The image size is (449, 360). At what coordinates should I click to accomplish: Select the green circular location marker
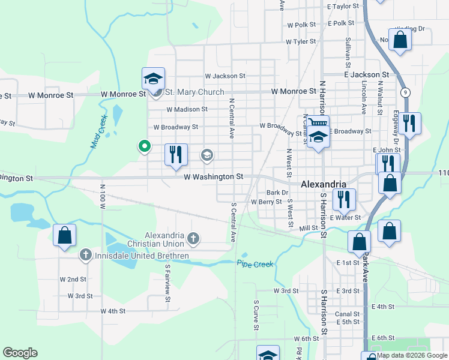point(145,145)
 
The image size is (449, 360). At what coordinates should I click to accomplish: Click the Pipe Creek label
point(255,264)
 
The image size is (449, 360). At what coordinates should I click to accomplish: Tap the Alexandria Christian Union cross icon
point(193,239)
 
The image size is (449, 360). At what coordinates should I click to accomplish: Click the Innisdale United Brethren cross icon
point(85,256)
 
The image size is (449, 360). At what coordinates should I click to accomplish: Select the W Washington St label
point(213,177)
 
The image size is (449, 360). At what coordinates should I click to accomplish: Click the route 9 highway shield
point(406,92)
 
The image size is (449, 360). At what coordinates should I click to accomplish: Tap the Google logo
point(20,353)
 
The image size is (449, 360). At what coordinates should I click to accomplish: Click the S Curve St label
point(256,316)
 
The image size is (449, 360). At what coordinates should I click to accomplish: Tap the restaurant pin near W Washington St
point(176,155)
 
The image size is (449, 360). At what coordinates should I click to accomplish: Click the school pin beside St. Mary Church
point(153,79)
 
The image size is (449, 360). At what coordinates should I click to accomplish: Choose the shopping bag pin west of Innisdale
point(64,236)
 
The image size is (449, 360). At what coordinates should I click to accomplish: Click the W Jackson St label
point(225,76)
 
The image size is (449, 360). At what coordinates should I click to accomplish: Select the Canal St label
point(348,314)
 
